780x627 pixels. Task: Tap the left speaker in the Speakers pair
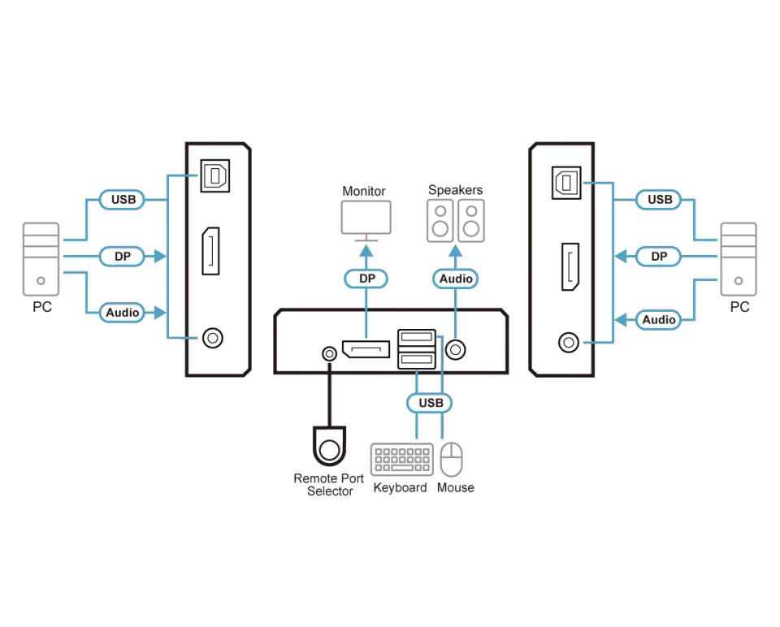click(x=440, y=221)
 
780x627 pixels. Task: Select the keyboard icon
click(x=402, y=460)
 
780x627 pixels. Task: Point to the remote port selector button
click(x=329, y=446)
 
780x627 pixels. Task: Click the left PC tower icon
click(x=41, y=259)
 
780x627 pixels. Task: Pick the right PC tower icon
click(x=739, y=259)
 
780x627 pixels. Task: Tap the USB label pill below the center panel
click(x=430, y=403)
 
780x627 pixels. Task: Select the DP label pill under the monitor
click(x=366, y=279)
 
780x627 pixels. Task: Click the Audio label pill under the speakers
click(x=456, y=279)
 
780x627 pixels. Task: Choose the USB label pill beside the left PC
click(x=123, y=199)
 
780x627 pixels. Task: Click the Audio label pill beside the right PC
click(x=659, y=319)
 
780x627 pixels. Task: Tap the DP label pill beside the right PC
click(x=659, y=256)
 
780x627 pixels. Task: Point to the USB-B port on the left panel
click(x=214, y=175)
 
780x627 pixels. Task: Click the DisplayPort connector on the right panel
click(x=570, y=266)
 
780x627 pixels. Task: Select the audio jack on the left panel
click(x=213, y=338)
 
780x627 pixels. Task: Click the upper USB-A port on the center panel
click(x=417, y=337)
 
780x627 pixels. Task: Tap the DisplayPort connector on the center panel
click(x=366, y=349)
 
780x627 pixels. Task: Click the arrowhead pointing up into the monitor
click(x=366, y=250)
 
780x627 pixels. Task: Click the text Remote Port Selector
click(x=329, y=484)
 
